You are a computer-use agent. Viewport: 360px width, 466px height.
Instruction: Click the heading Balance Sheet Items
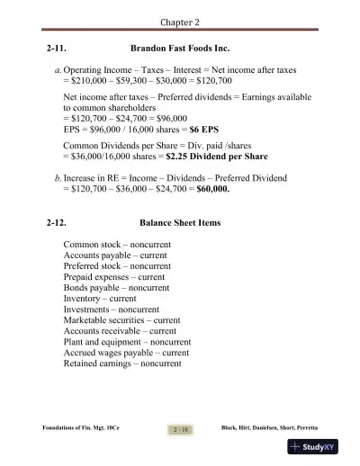(180, 221)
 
